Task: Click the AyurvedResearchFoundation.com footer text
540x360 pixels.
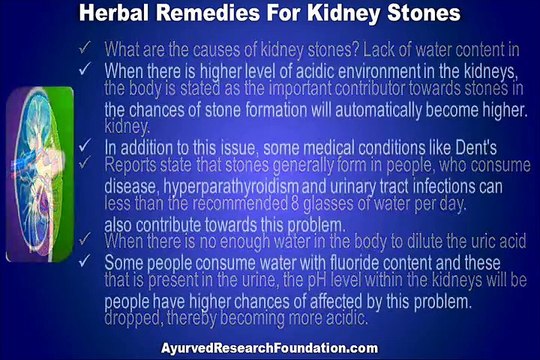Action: click(x=270, y=347)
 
